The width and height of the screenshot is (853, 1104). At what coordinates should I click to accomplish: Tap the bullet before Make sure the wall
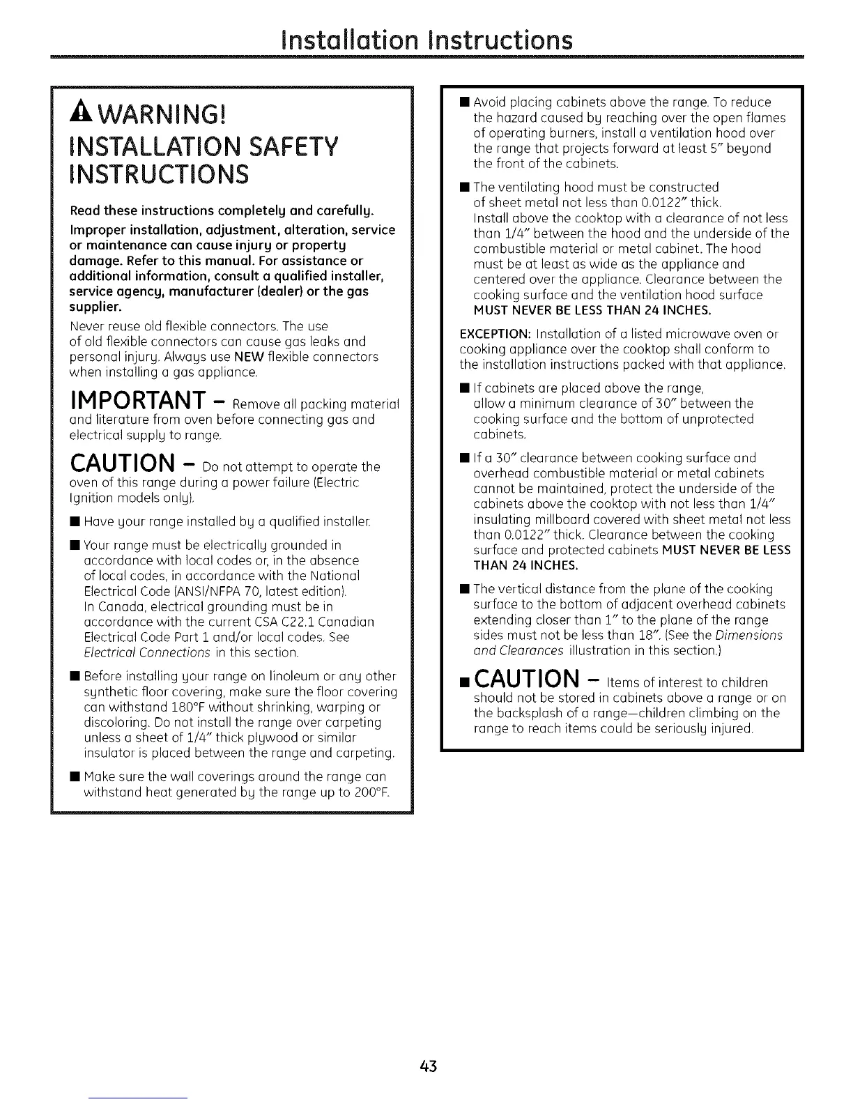pos(73,777)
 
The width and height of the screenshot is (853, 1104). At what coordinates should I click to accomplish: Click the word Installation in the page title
pos(353,40)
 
